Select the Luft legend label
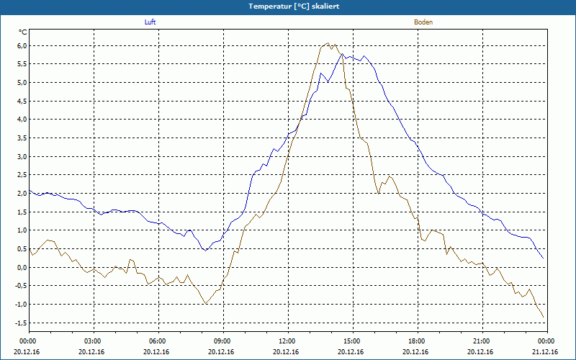pyautogui.click(x=150, y=22)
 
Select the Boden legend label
pyautogui.click(x=423, y=22)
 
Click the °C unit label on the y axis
pyautogui.click(x=23, y=32)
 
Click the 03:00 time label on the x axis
pyautogui.click(x=93, y=341)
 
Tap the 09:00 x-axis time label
pyautogui.click(x=222, y=341)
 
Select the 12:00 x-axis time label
pyautogui.click(x=287, y=341)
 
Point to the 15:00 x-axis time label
pyautogui.click(x=352, y=341)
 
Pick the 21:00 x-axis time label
pyautogui.click(x=482, y=341)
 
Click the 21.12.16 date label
pyautogui.click(x=546, y=352)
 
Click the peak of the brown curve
pyautogui.click(x=328, y=43)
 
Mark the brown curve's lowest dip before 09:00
pyautogui.click(x=206, y=304)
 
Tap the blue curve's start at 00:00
pyautogui.click(x=30, y=191)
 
